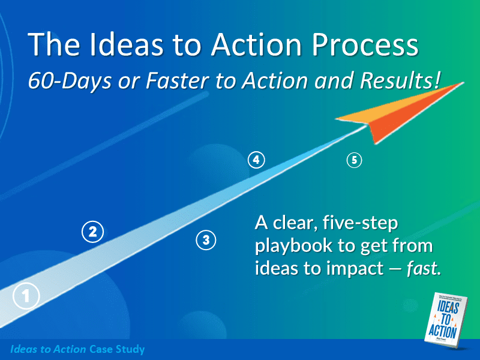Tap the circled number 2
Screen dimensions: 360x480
tap(92, 232)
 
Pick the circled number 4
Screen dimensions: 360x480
tap(256, 160)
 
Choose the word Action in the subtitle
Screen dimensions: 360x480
tap(270, 81)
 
